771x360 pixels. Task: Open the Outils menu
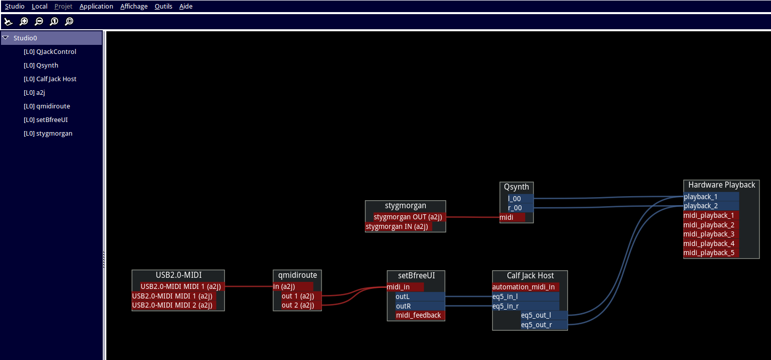click(163, 7)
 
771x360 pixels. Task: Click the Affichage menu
click(134, 7)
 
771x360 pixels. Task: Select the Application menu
click(96, 7)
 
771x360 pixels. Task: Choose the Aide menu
click(186, 7)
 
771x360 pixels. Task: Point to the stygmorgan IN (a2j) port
click(398, 227)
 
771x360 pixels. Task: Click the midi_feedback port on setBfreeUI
click(418, 316)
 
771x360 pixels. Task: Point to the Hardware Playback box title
click(721, 185)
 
